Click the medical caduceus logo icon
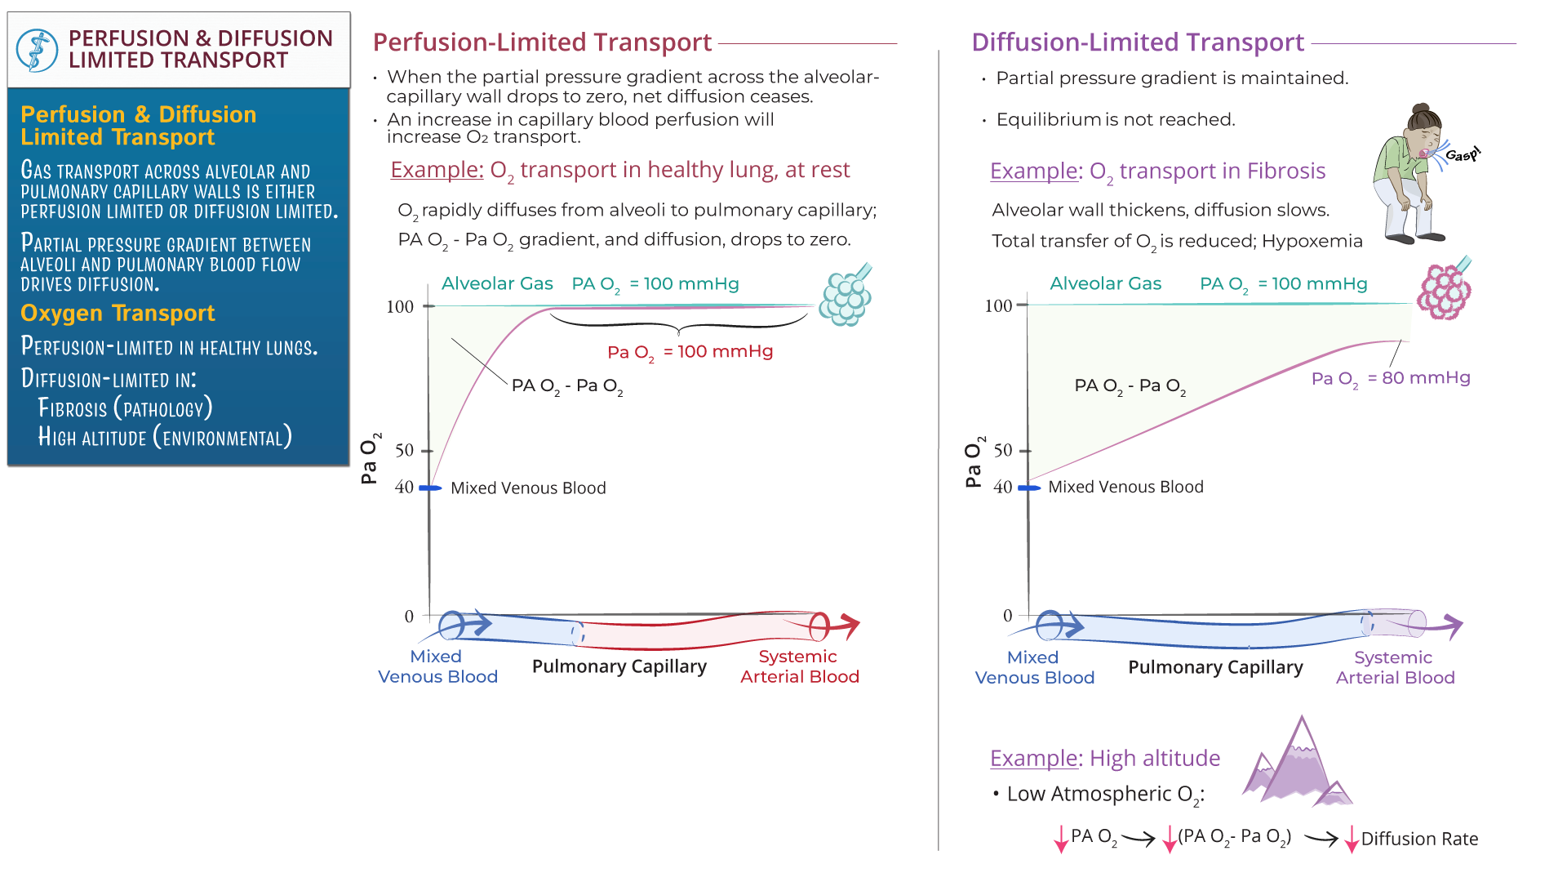[x=37, y=50]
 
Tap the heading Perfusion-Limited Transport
[x=542, y=42]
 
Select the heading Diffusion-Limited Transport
[x=1137, y=42]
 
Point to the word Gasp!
[x=1462, y=154]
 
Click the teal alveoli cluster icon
[x=846, y=296]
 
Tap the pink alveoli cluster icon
[x=1445, y=291]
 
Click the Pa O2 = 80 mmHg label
[x=1390, y=378]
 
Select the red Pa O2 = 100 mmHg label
[x=690, y=352]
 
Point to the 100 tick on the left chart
[x=400, y=307]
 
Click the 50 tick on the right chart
[x=1003, y=451]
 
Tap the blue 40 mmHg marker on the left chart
[x=430, y=488]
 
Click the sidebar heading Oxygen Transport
[x=118, y=314]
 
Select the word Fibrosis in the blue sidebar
[x=73, y=409]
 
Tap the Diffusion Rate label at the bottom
[x=1419, y=839]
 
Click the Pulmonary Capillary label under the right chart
[x=1215, y=667]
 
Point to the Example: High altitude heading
[x=1105, y=759]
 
